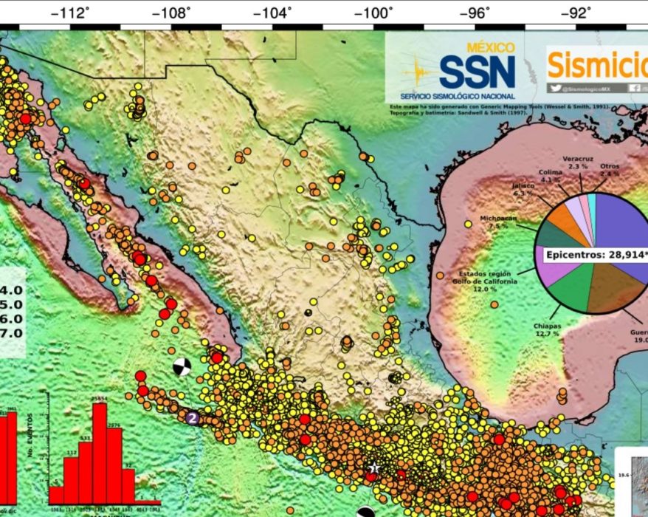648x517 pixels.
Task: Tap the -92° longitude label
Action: click(577, 13)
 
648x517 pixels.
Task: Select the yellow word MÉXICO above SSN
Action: click(492, 47)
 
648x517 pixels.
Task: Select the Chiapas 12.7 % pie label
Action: click(546, 329)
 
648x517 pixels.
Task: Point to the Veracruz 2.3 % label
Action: click(579, 162)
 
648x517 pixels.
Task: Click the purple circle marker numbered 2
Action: click(192, 418)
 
